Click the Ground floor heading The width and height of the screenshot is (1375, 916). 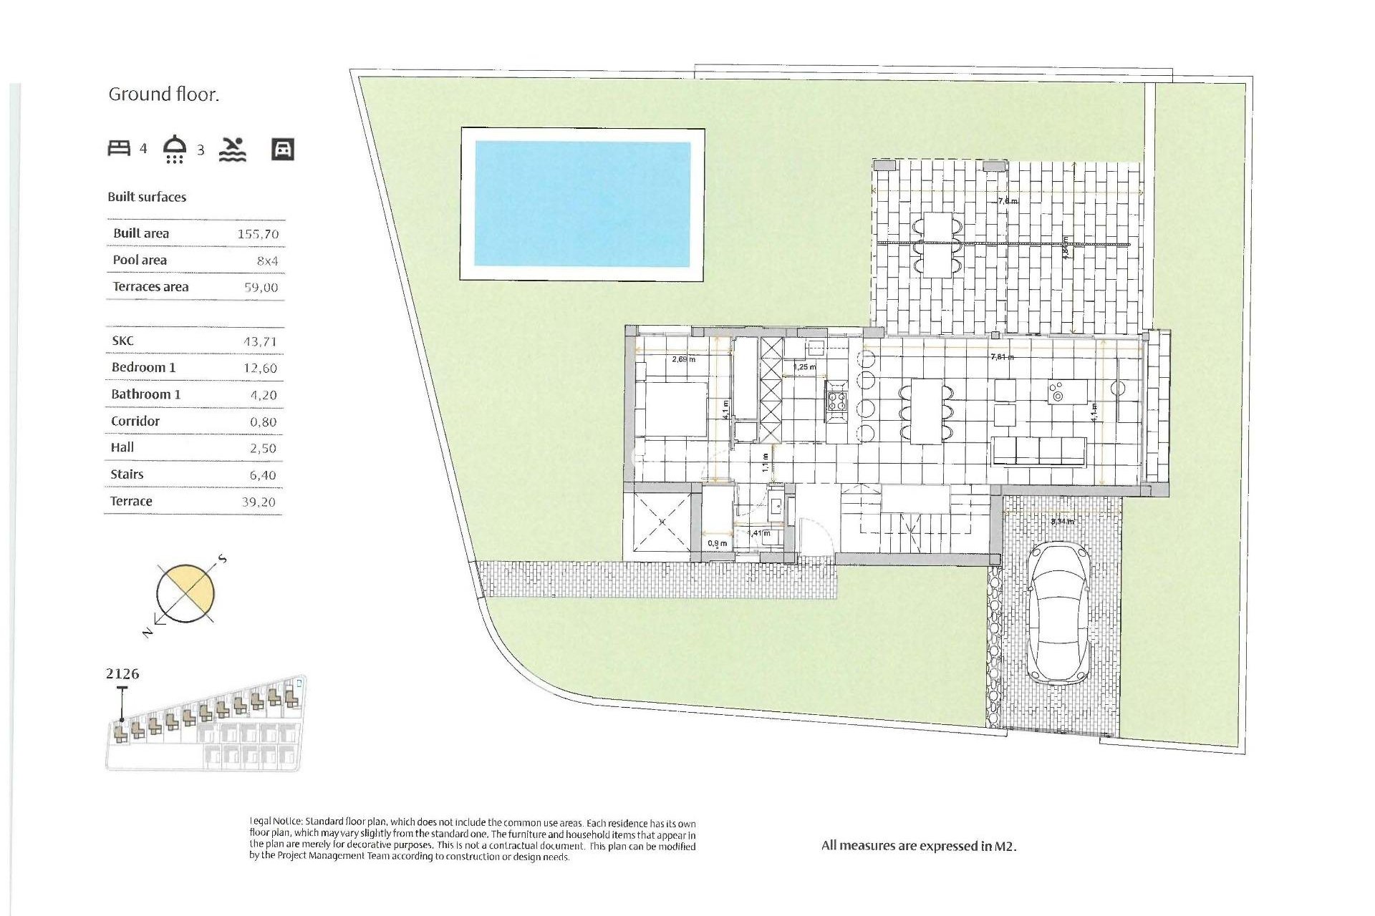[x=163, y=94]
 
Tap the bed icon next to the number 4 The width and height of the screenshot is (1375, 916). [x=119, y=148]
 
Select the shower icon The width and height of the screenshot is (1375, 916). [x=175, y=149]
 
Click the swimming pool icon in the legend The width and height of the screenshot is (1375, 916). [x=233, y=149]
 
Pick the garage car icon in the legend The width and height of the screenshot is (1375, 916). [x=283, y=149]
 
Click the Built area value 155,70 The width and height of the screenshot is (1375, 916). [x=258, y=234]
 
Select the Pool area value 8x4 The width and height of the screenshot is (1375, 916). [x=267, y=261]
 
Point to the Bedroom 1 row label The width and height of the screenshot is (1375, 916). [x=143, y=367]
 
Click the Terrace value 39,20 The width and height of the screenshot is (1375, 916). [x=259, y=502]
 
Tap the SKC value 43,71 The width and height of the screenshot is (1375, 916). [x=259, y=341]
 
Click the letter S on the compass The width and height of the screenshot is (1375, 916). [x=223, y=559]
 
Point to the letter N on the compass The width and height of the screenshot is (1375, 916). [x=147, y=633]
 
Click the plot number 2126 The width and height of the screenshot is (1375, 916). [x=122, y=673]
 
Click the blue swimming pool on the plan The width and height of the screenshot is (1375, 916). [x=582, y=203]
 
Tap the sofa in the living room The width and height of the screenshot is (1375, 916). [x=1038, y=452]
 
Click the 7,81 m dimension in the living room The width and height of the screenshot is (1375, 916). [x=1002, y=356]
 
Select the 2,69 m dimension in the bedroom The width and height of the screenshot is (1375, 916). [x=683, y=359]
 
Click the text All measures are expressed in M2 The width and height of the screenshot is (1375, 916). [x=919, y=846]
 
